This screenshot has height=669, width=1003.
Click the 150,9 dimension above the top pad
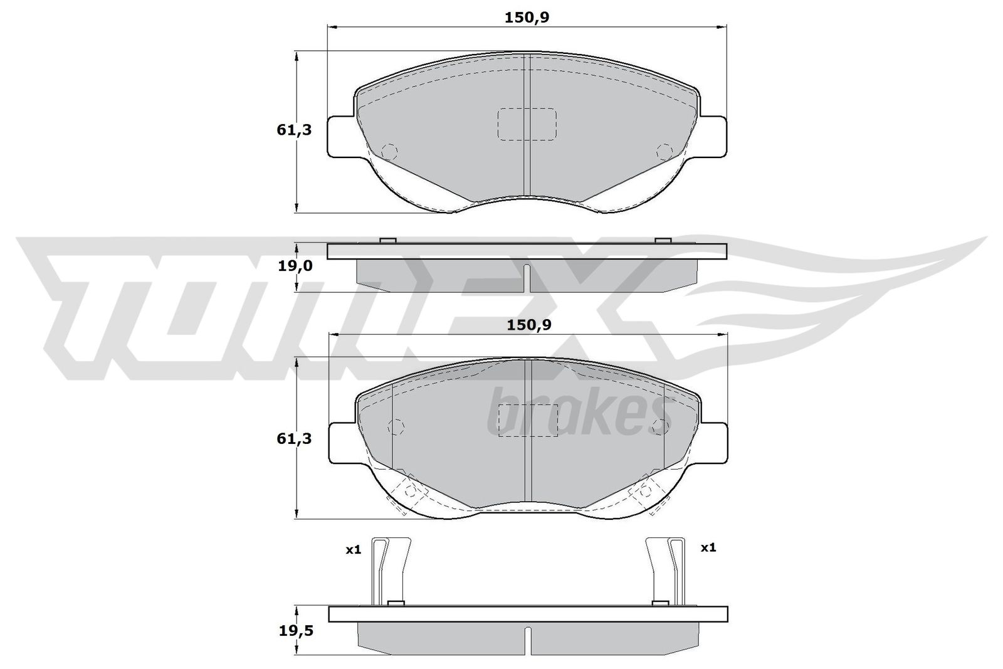pyautogui.click(x=527, y=18)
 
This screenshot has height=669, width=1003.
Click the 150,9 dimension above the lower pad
pyautogui.click(x=529, y=325)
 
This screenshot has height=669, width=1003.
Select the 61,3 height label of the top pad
pyautogui.click(x=294, y=130)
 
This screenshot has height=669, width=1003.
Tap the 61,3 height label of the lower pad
pyautogui.click(x=294, y=439)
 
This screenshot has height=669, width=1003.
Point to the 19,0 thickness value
pyautogui.click(x=295, y=266)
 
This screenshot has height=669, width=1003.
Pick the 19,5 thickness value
pyautogui.click(x=296, y=631)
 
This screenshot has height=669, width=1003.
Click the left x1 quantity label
pyautogui.click(x=354, y=550)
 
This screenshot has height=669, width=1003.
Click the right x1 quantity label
pyautogui.click(x=708, y=547)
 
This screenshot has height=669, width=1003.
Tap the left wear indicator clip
pyautogui.click(x=391, y=571)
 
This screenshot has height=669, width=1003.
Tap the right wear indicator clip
pyautogui.click(x=665, y=571)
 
